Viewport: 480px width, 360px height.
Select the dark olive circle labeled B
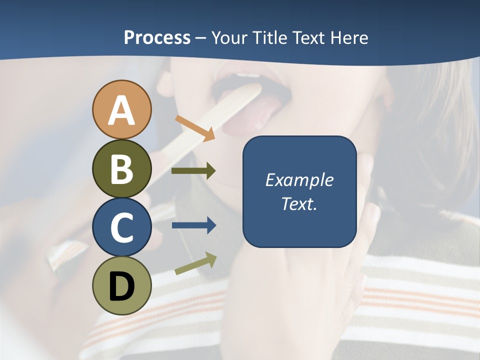121,168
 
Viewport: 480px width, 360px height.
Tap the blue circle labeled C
121,227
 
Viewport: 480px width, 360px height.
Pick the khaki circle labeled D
121,285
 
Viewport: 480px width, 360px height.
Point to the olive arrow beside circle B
193,171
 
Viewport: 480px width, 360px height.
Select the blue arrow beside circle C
193,225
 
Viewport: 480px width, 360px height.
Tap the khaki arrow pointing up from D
195,264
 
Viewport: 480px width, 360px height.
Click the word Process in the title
157,37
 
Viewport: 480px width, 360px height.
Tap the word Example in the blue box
299,180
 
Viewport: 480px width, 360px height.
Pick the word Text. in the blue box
299,203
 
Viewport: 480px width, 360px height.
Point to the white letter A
121,110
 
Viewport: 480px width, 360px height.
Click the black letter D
121,286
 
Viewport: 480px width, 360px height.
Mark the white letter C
121,227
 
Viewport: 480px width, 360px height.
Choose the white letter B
121,169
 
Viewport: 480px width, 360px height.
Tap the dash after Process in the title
200,38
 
